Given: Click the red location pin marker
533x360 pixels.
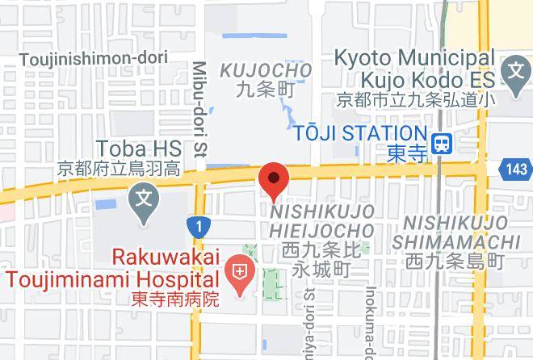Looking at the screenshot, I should (x=274, y=180).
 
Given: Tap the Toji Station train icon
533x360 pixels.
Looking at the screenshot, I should (x=442, y=144).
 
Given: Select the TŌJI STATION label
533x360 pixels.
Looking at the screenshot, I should (x=360, y=133).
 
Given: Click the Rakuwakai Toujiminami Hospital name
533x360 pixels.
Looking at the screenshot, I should (x=113, y=268).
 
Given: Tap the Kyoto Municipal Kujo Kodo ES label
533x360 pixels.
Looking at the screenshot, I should (x=414, y=69).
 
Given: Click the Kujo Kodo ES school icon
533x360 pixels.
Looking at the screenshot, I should (x=514, y=71).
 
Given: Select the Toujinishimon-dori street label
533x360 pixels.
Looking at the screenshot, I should (x=93, y=59).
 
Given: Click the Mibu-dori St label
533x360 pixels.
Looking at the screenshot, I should (x=199, y=108).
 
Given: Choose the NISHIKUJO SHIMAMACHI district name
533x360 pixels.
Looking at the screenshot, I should (x=456, y=232).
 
